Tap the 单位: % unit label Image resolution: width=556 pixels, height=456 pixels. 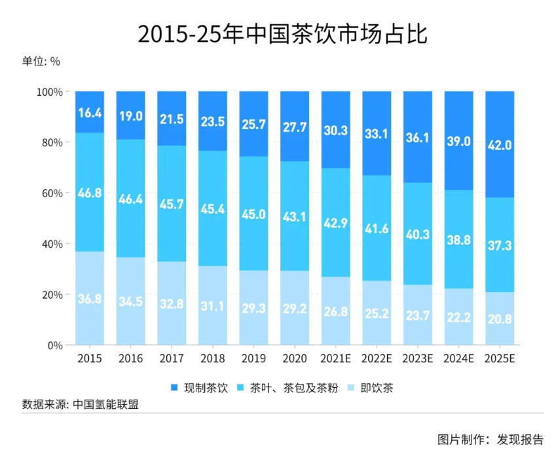click(x=41, y=62)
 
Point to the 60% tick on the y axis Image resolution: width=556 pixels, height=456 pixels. click(x=51, y=193)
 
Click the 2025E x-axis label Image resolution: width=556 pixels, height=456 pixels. click(x=500, y=358)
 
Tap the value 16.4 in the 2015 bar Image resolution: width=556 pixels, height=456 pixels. click(x=90, y=113)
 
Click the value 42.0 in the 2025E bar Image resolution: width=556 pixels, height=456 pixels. click(x=500, y=146)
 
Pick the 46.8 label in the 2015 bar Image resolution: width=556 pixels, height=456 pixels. click(x=90, y=193)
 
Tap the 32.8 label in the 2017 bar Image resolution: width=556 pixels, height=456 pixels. click(x=172, y=303)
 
